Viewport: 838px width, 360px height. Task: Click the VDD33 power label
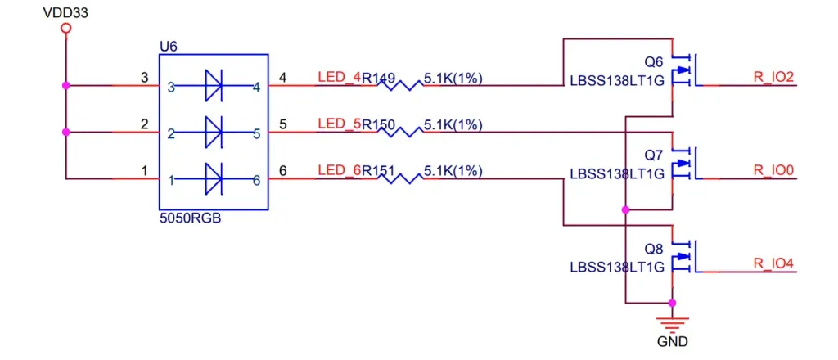pos(66,12)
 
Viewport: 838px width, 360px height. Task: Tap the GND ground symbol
pos(673,322)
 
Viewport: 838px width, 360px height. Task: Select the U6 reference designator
pos(168,47)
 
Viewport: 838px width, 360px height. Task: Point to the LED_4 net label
pos(338,79)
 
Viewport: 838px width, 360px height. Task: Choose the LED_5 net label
pos(338,125)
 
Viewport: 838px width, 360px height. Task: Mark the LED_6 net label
pos(338,171)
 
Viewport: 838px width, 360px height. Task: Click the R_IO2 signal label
pos(773,79)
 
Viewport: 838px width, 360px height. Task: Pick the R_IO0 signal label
pos(773,171)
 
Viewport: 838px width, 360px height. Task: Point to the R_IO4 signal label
pos(773,263)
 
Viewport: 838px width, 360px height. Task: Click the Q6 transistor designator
pos(653,62)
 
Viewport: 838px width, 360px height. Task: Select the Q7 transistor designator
pos(653,155)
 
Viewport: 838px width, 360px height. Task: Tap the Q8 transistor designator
pos(653,249)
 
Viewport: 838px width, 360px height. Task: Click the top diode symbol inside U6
pos(214,85)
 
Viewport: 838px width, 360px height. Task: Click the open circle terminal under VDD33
pos(66,29)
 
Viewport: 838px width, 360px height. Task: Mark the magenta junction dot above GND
pos(673,303)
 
